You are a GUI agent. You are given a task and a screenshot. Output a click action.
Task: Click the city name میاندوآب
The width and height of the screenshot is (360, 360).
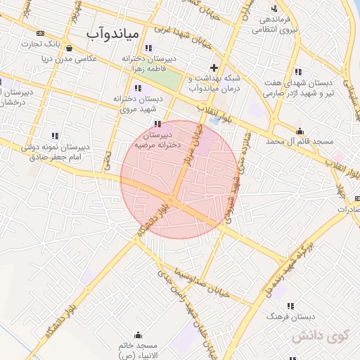[x=115, y=33]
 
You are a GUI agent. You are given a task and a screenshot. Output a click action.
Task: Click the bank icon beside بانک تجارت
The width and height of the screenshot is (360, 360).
[x=40, y=33]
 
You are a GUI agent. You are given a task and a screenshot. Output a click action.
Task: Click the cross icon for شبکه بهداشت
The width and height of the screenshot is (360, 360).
[x=214, y=67]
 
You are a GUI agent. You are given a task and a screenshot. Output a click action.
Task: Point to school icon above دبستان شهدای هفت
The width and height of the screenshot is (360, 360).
[x=299, y=71]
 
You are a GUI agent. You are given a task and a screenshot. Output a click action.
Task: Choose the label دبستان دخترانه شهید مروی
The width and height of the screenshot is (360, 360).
[x=138, y=104]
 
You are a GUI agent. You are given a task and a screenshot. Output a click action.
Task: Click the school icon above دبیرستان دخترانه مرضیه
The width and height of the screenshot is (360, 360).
[x=157, y=124]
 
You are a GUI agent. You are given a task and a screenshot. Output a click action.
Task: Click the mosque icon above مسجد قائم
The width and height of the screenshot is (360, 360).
[x=300, y=131]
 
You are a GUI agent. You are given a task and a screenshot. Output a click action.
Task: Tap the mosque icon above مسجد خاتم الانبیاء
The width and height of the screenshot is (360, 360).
[x=139, y=335]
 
